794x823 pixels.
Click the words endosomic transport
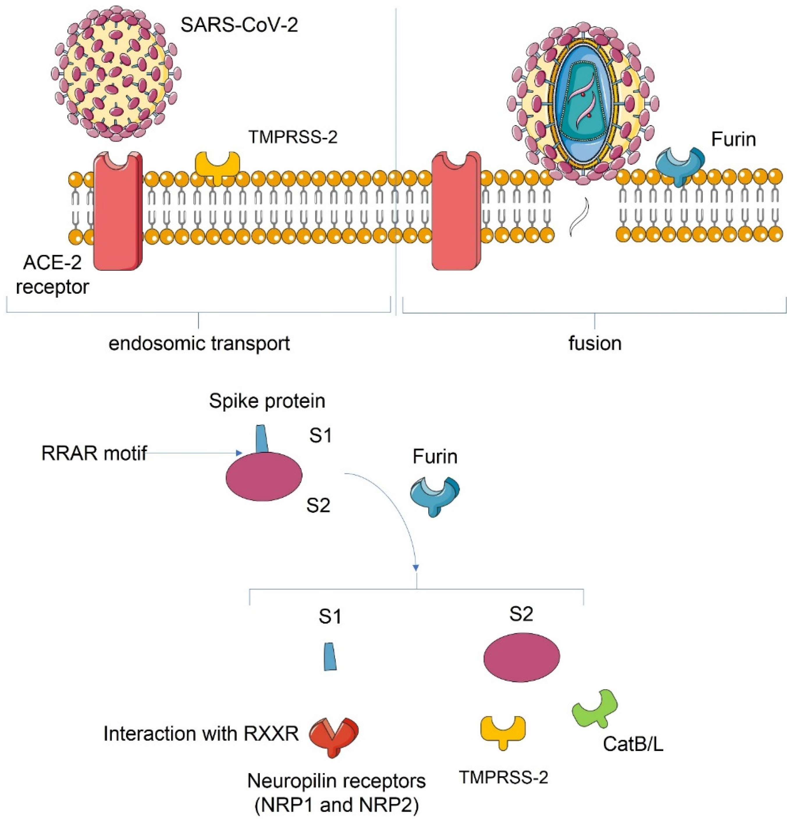[x=199, y=343]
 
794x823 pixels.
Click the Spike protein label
[x=267, y=400]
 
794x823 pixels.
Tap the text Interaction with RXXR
[x=201, y=733]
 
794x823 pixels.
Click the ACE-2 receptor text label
[x=52, y=275]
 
